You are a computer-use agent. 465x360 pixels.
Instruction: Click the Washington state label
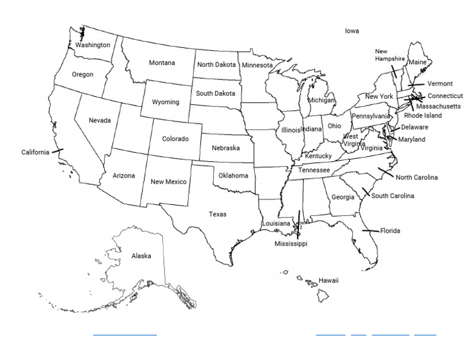(93, 45)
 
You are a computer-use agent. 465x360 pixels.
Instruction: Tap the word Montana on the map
(162, 63)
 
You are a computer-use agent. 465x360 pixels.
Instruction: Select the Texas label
(217, 214)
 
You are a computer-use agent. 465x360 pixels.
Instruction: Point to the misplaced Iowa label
(352, 30)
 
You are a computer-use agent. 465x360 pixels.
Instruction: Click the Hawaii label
(329, 281)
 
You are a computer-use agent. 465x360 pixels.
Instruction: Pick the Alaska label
(141, 256)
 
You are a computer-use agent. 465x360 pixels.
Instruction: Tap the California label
(35, 152)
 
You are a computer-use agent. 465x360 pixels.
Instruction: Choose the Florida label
(391, 231)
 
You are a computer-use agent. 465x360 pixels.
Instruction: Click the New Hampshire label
(389, 55)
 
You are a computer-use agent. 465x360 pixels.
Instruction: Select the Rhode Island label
(423, 115)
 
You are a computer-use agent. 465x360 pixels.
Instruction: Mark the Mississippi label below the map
(291, 244)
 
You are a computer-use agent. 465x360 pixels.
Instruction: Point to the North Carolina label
(417, 178)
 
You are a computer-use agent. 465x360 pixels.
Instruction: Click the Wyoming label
(165, 102)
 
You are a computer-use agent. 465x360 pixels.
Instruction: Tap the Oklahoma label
(233, 176)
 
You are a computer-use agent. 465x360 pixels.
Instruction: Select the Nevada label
(100, 120)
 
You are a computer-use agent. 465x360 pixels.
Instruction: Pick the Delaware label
(415, 127)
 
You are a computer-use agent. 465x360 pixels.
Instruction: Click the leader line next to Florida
(371, 231)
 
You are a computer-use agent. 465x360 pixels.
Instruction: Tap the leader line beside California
(58, 150)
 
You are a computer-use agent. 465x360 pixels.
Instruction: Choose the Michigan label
(321, 100)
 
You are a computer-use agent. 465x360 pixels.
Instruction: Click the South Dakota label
(216, 93)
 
